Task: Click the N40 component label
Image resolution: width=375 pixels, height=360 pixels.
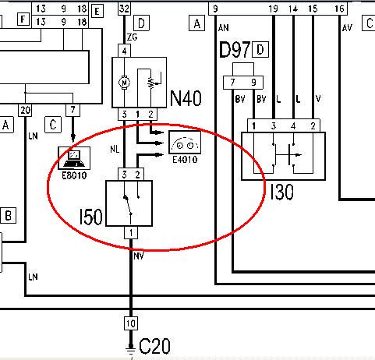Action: [x=186, y=98]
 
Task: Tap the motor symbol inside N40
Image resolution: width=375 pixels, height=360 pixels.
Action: [x=124, y=83]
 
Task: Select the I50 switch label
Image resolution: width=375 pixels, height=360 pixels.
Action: [x=90, y=217]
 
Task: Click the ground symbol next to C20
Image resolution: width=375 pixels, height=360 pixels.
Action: [x=130, y=350]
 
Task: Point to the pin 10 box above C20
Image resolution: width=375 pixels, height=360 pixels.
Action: [x=131, y=323]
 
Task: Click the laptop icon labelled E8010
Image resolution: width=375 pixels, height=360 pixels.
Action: [x=74, y=158]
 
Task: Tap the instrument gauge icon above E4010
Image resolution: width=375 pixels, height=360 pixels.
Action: [x=185, y=143]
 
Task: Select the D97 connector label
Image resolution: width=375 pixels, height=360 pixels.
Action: [x=234, y=50]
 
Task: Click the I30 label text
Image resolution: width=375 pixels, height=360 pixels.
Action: [x=281, y=192]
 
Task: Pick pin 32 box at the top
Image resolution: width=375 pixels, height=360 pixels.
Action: [x=124, y=9]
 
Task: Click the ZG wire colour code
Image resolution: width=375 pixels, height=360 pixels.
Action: [x=132, y=37]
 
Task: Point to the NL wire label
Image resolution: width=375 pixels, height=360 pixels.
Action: [x=115, y=149]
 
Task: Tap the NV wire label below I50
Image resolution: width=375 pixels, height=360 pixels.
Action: [x=139, y=256]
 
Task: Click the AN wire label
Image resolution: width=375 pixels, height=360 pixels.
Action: [x=223, y=27]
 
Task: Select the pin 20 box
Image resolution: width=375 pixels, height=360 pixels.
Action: [x=25, y=111]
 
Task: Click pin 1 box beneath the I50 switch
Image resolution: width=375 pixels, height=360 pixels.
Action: [x=131, y=232]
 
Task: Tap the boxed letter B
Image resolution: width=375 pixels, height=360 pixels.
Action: [x=8, y=215]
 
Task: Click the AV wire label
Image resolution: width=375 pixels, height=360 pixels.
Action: [x=347, y=27]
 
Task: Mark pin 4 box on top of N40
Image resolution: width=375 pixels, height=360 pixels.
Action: [x=124, y=51]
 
